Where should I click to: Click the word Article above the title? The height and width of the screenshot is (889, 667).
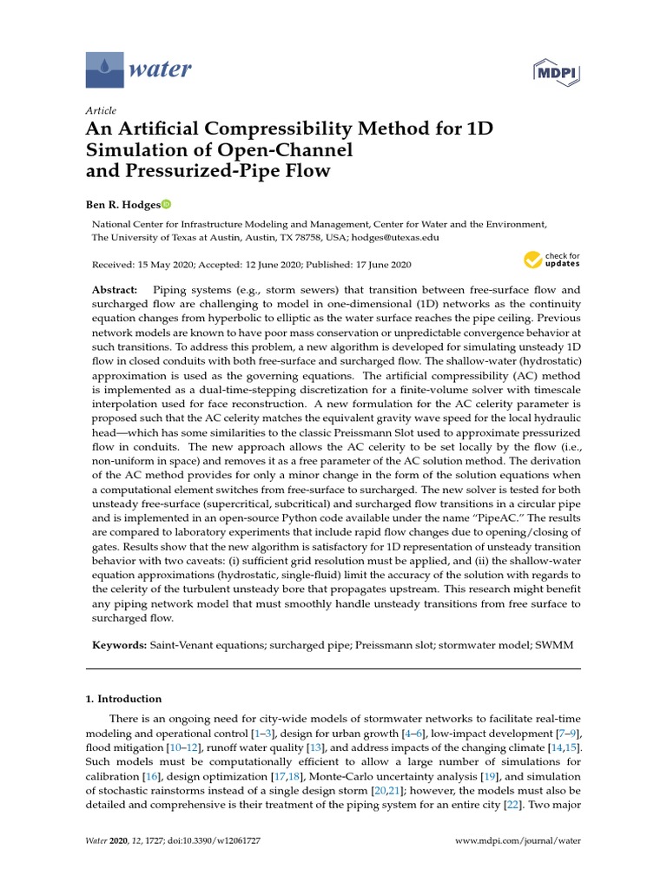coord(101,111)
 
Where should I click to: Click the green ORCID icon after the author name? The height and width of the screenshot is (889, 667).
coord(166,204)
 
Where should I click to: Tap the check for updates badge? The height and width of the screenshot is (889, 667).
coord(551,260)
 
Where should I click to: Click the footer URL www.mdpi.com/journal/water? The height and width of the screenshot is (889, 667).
coord(518,841)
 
